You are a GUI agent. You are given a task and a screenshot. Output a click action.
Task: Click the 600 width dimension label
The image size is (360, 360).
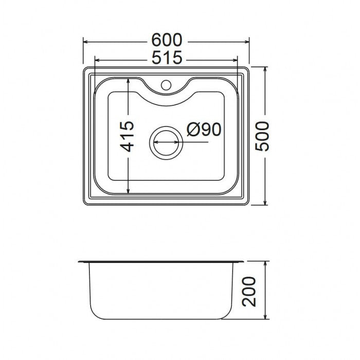(x=166, y=41)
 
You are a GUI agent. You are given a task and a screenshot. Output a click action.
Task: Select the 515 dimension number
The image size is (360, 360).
(x=166, y=59)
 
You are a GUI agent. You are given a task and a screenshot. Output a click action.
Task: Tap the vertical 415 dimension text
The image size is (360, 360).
(x=128, y=136)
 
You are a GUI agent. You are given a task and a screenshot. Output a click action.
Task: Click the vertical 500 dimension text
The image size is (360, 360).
(x=263, y=136)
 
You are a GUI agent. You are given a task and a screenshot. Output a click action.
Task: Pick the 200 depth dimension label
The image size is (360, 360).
(x=249, y=292)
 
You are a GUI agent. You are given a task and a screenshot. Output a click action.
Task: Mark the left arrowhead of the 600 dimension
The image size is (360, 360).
(x=86, y=41)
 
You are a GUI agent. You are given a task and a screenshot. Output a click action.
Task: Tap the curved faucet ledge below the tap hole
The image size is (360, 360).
(x=166, y=100)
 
